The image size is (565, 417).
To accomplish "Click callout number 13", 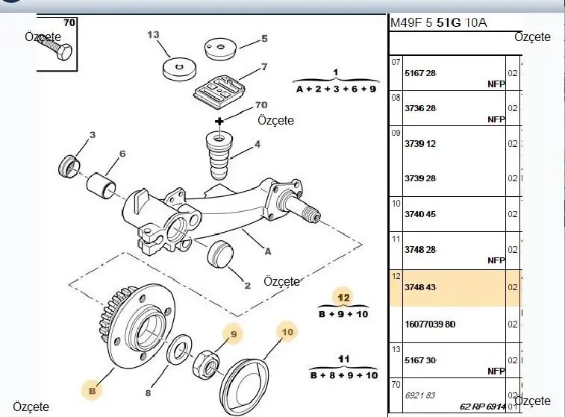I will point(154,34).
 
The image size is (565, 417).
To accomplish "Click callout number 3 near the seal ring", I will point(93,135).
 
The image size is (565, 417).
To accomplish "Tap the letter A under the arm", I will point(266,251).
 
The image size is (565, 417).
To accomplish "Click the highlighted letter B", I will point(93,389).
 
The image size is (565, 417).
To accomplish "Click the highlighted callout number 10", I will point(287,329).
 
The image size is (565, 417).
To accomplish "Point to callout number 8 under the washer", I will point(148,392).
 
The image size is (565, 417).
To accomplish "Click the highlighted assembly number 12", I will point(343,295).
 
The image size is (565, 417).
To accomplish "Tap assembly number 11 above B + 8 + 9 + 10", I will point(343,359).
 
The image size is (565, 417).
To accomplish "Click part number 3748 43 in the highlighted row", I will point(420,287).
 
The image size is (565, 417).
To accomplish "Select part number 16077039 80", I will point(429,324).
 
